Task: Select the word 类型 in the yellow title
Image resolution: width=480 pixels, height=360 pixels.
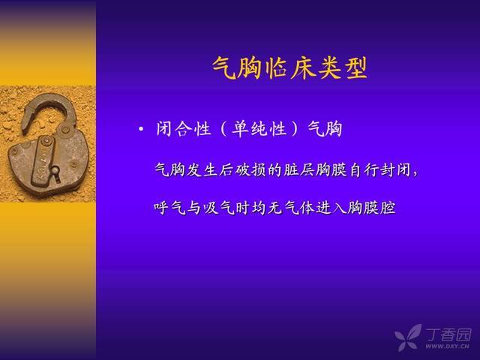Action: click(343, 67)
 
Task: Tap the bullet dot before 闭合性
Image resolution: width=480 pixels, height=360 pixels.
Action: click(141, 129)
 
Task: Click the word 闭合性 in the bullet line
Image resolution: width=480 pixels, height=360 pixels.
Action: click(184, 129)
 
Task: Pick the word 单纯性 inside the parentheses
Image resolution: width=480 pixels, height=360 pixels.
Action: click(259, 129)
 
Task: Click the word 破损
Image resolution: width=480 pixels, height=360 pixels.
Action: click(250, 169)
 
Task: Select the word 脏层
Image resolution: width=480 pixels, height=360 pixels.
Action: click(299, 169)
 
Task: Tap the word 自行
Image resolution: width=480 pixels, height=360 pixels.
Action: click(364, 169)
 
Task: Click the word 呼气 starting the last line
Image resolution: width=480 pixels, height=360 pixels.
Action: click(170, 208)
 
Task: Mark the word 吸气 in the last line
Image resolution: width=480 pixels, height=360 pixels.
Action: click(218, 208)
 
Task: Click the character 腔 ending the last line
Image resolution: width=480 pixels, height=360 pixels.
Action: click(388, 208)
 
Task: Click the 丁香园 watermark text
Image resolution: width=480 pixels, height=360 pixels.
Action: click(448, 335)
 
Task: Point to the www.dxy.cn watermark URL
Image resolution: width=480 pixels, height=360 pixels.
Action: click(447, 346)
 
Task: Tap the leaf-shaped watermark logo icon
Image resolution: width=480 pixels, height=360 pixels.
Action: click(408, 337)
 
